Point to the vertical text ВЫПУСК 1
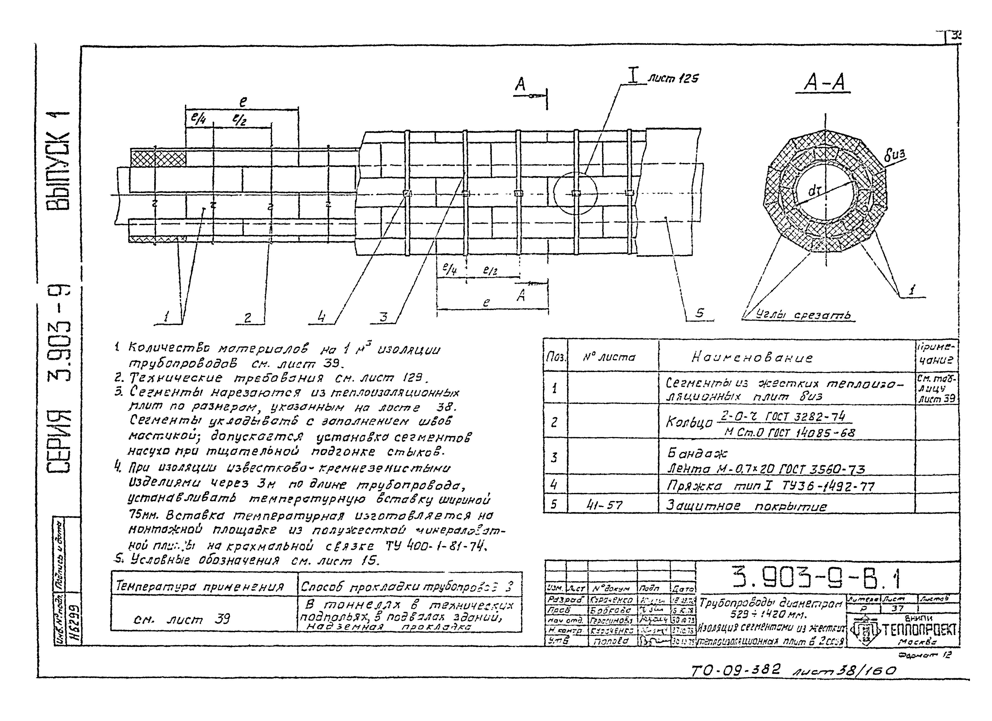tap(58, 160)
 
